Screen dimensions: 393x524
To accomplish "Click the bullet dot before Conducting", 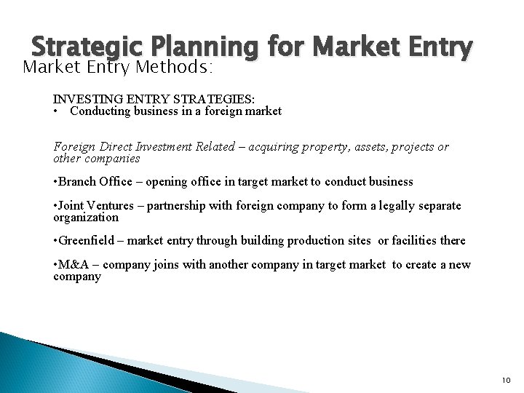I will click(x=56, y=111).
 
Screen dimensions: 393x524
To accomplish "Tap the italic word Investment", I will click(x=172, y=147).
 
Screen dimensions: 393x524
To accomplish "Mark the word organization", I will click(x=85, y=217).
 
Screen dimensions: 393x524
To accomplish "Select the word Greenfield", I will click(x=88, y=241).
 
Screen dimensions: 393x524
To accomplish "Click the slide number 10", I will click(x=507, y=380).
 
